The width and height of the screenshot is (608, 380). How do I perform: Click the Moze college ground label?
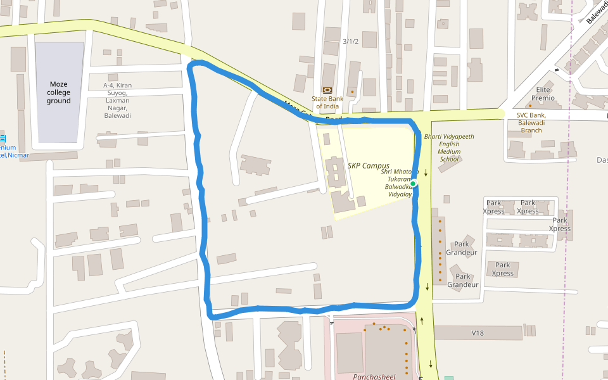[58, 92]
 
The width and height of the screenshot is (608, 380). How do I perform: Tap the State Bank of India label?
[327, 102]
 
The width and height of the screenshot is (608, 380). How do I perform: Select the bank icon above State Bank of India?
[327, 90]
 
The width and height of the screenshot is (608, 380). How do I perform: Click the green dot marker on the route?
[413, 184]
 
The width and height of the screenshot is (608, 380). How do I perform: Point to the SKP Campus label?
[368, 166]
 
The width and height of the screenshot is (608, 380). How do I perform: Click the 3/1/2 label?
[350, 42]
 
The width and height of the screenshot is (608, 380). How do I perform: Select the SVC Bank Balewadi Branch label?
[531, 123]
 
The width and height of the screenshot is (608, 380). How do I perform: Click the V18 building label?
[478, 333]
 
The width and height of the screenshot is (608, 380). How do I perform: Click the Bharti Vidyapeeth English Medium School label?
[449, 148]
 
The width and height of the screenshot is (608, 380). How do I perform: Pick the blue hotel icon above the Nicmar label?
[3, 138]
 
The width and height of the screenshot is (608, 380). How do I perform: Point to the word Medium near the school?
[449, 151]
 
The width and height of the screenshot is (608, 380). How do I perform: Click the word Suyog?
[117, 92]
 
